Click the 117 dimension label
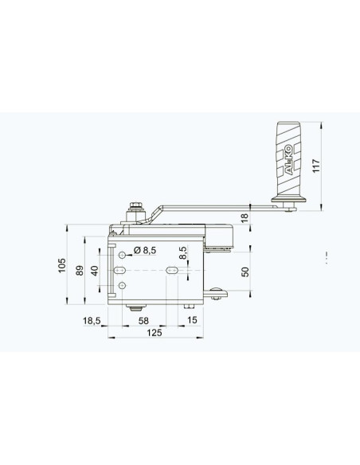tap(316, 166)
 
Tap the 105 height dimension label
tap(62, 265)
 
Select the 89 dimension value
tap(80, 271)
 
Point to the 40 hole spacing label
tap(95, 271)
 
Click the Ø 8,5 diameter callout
tap(145, 250)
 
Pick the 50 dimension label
tap(245, 272)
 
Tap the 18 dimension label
tap(245, 217)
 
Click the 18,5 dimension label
tap(92, 321)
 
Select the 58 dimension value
tap(143, 321)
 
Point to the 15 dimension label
tap(192, 320)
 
